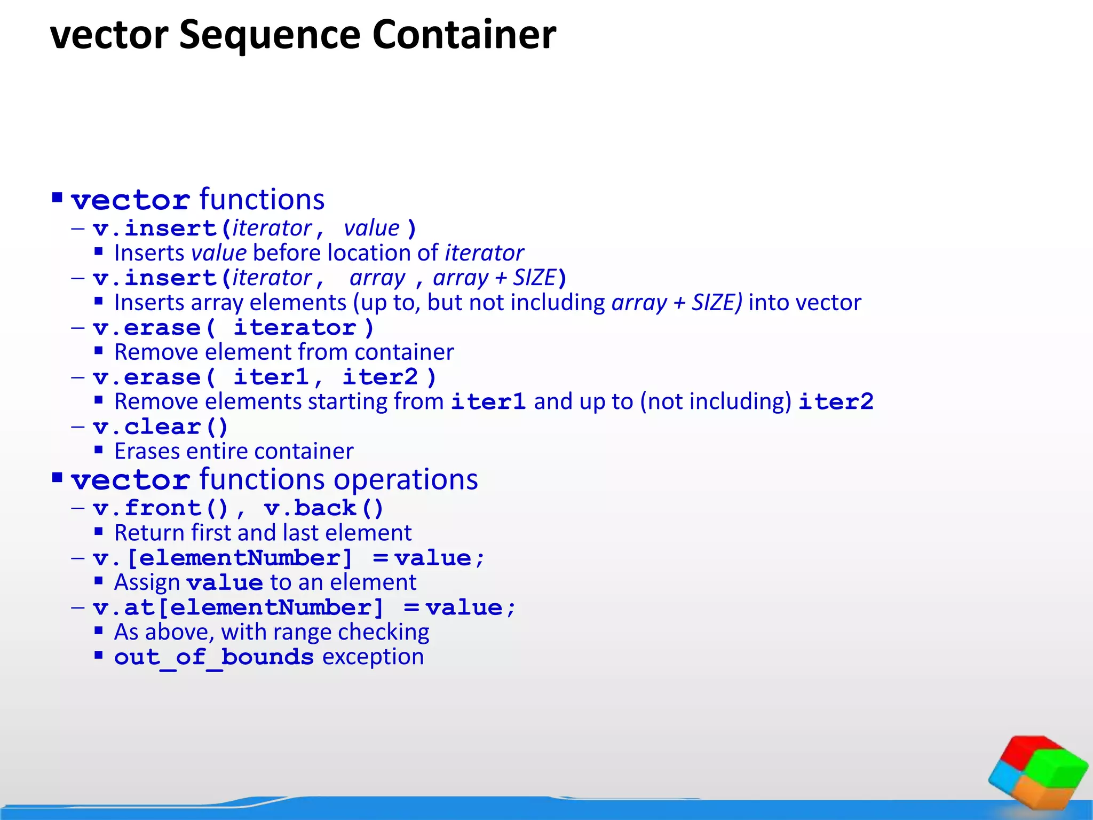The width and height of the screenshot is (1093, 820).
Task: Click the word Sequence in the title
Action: (270, 35)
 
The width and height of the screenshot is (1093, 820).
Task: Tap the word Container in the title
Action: (464, 35)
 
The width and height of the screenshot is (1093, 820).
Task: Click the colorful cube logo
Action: (1037, 771)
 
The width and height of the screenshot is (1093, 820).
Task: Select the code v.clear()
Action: (160, 427)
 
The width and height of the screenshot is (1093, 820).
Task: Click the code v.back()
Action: (323, 508)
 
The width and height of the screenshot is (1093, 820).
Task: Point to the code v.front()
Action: (160, 508)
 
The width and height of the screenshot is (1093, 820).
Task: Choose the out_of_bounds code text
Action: (213, 657)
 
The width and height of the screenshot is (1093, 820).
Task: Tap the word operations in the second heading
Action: (406, 479)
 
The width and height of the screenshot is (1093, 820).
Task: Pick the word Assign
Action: (147, 583)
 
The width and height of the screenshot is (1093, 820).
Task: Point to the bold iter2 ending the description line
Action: (836, 402)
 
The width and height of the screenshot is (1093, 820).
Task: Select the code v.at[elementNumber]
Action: (238, 608)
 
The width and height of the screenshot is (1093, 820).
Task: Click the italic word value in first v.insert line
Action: (371, 228)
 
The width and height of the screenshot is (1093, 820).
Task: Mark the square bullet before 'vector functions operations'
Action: (58, 477)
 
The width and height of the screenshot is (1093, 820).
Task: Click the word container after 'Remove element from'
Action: (404, 352)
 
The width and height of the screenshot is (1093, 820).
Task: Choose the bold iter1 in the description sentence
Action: (488, 402)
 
